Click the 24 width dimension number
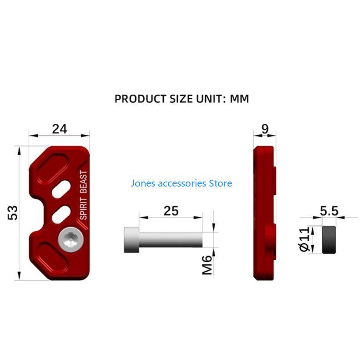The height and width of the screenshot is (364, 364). click(x=60, y=129)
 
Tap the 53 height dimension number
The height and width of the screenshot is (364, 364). click(x=13, y=212)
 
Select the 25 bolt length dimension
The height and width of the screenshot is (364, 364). click(x=171, y=211)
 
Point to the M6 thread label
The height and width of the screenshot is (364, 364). click(x=207, y=265)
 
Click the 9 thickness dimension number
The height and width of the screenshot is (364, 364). click(x=265, y=129)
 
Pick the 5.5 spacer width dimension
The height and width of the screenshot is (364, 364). click(x=329, y=211)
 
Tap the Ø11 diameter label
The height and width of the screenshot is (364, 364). click(x=304, y=239)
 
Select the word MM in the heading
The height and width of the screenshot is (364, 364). click(x=239, y=99)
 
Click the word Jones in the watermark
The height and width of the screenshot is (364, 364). click(x=143, y=183)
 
